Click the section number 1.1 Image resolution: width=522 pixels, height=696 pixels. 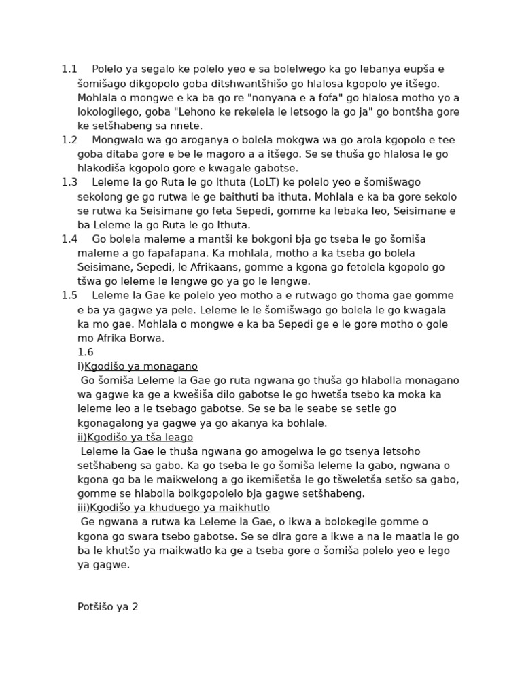coord(69,69)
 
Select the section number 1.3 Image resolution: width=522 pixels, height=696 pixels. coord(69,182)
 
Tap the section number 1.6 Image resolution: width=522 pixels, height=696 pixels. coord(86,352)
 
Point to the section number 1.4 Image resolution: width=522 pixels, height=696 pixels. coord(69,239)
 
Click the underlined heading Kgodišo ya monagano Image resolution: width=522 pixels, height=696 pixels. coord(141,366)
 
